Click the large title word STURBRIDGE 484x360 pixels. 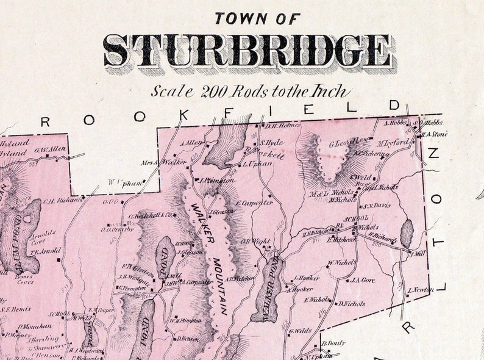click(247, 51)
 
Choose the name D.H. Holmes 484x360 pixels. click(283, 126)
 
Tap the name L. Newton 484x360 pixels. click(420, 290)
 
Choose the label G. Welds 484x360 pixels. click(301, 331)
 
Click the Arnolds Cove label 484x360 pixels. click(43, 236)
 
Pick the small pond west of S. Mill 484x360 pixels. click(407, 234)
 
